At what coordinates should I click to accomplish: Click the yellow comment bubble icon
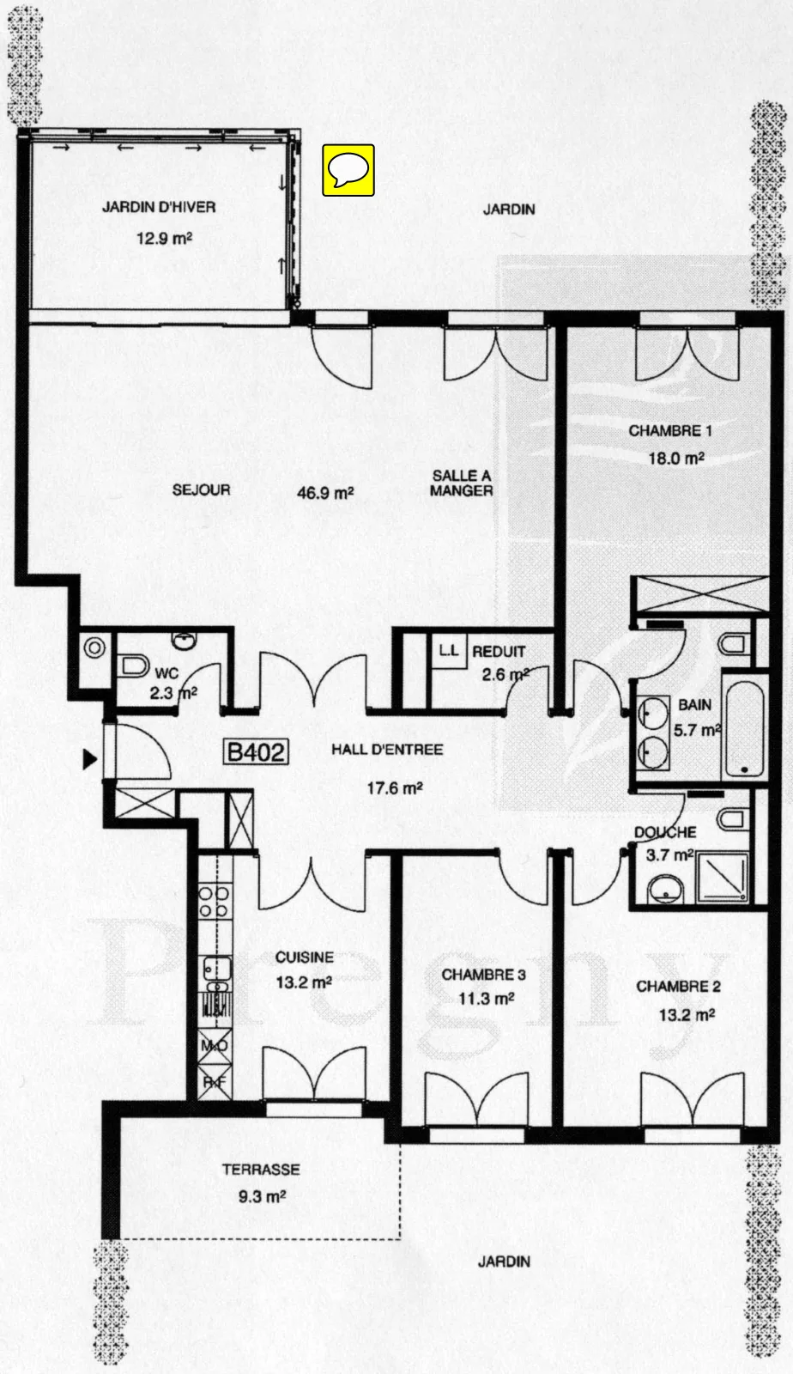click(x=348, y=170)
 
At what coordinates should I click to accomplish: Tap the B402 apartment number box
click(x=256, y=751)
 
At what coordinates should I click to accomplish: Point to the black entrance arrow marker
click(x=90, y=761)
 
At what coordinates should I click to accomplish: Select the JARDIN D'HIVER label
click(x=159, y=207)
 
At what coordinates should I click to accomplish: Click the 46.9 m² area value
click(x=325, y=493)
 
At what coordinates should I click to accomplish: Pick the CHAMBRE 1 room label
click(x=670, y=430)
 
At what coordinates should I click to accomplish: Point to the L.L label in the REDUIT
click(x=449, y=649)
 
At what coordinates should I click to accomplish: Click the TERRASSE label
click(x=261, y=1169)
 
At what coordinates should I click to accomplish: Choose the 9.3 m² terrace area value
click(x=263, y=1195)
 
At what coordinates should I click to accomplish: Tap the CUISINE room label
click(x=305, y=957)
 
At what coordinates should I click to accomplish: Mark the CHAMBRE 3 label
click(x=483, y=974)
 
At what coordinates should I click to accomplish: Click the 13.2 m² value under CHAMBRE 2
click(x=687, y=1015)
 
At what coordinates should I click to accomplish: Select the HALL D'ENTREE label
click(x=387, y=749)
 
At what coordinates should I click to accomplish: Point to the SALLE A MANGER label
click(x=462, y=483)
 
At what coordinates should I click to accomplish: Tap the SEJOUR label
click(x=201, y=489)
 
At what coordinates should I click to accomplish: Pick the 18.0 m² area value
click(x=676, y=458)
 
